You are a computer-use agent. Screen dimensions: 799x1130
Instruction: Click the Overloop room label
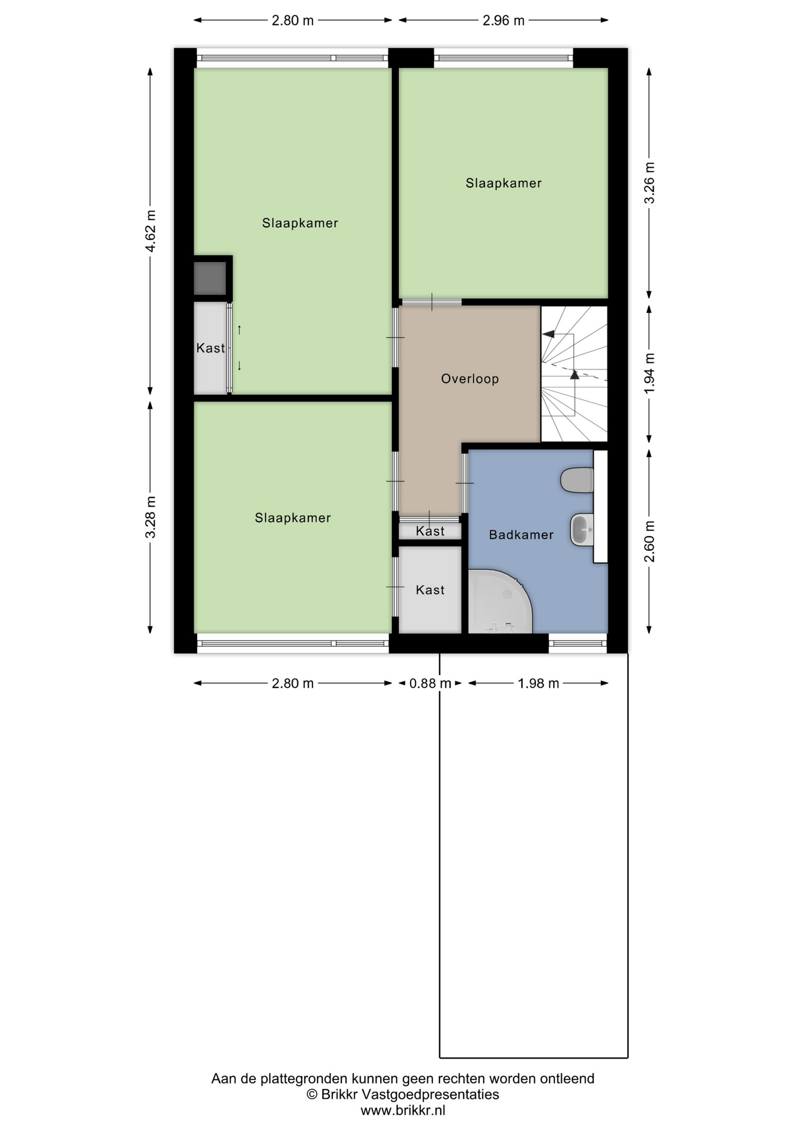coord(470,378)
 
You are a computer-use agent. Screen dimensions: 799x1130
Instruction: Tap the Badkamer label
coord(521,534)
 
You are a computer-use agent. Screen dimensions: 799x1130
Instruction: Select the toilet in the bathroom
coord(577,480)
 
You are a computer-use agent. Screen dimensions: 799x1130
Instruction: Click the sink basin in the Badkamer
coord(582,530)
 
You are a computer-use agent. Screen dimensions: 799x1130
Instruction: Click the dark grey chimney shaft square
coord(210,278)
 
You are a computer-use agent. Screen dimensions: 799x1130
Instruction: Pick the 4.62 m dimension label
coord(151,231)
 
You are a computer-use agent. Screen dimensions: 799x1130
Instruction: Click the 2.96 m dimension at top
coord(503,21)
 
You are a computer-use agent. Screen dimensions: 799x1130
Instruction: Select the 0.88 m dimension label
coord(430,683)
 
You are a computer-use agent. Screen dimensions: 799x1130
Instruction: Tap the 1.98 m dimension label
coord(538,683)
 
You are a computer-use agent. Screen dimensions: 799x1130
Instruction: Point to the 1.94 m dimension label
coord(650,374)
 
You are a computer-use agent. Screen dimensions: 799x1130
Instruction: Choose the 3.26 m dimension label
coord(650,182)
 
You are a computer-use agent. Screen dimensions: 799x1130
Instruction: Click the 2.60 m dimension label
coord(650,541)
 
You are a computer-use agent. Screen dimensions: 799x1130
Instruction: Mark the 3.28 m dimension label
coord(151,517)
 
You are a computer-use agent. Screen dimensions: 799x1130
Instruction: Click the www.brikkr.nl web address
coord(402,1111)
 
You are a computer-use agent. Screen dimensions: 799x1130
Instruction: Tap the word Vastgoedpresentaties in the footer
coord(430,1095)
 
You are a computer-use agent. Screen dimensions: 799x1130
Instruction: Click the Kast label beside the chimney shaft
coord(211,348)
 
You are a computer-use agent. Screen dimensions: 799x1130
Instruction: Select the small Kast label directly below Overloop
coord(430,531)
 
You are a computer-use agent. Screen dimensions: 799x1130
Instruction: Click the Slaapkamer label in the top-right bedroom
coord(504,183)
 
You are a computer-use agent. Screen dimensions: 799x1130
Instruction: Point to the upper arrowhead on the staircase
coord(548,334)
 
